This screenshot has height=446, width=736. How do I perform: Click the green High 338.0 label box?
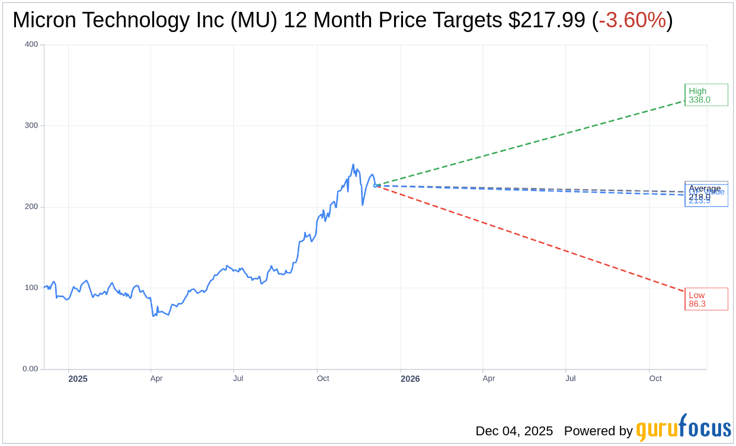point(706,95)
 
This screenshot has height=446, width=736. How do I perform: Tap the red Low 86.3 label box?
point(706,299)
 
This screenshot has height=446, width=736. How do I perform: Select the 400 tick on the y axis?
point(31,44)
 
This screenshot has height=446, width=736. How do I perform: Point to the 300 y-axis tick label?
point(31,126)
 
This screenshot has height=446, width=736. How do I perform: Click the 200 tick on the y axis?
point(31,207)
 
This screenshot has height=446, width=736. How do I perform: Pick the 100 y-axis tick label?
point(31,288)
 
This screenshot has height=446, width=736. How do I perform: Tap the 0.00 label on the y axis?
point(30,369)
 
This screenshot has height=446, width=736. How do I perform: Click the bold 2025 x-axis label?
point(78,378)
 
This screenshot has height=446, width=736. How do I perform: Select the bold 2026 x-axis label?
point(410,378)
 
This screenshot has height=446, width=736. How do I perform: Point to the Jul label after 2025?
point(238,378)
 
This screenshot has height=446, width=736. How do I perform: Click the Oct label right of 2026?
point(655,378)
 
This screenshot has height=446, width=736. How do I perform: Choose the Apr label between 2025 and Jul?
point(156,378)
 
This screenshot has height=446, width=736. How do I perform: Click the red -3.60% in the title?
point(632,21)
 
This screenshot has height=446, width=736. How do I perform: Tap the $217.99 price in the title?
point(547,21)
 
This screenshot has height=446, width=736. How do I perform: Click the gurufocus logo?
point(683,428)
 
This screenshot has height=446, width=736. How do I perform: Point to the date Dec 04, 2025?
point(514,431)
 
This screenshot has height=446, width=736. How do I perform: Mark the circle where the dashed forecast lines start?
point(375,186)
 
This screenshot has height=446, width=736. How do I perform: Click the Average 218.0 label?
point(704,189)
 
